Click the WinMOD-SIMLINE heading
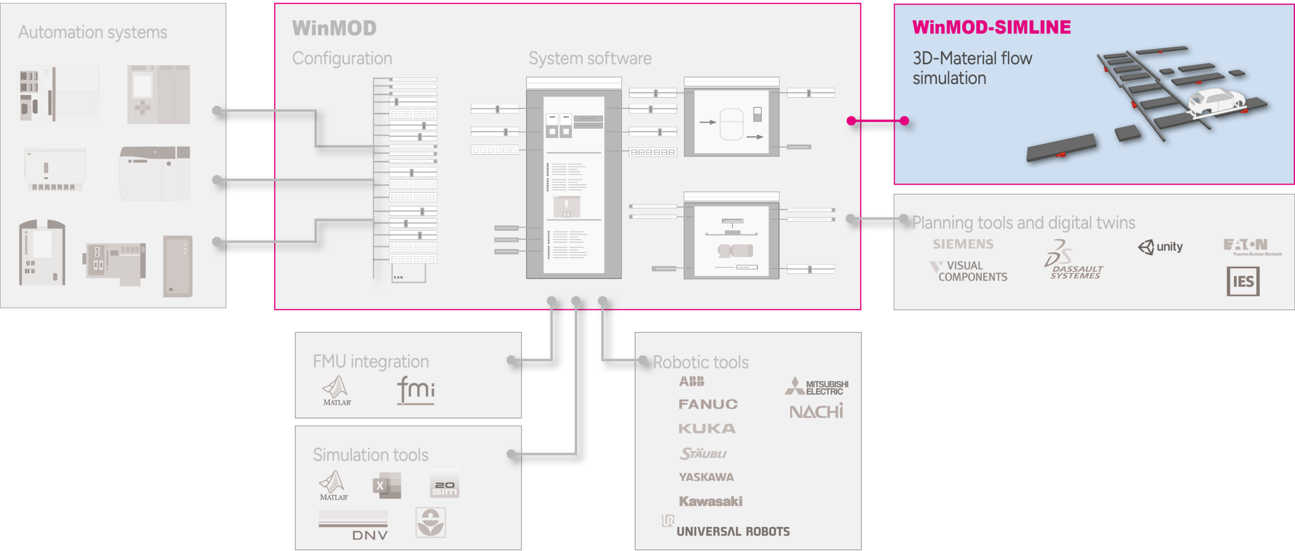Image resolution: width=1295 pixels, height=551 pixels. point(991,27)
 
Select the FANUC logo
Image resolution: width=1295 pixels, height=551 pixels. point(708,404)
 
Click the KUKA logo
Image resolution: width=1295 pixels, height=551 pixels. point(707,429)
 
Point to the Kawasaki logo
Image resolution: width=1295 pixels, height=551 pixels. point(710,501)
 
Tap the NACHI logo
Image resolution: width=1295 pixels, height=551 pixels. point(816,411)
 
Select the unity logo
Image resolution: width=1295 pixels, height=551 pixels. point(1160,247)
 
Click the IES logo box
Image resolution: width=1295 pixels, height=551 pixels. point(1242,281)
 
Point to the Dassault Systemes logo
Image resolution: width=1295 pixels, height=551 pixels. point(1073,261)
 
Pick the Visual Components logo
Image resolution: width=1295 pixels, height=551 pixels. point(968,271)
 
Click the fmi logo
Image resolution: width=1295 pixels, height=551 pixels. point(415,390)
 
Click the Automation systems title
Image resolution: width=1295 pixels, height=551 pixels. point(93,32)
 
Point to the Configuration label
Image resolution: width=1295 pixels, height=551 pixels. point(342,58)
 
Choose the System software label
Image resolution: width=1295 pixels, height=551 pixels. point(590,58)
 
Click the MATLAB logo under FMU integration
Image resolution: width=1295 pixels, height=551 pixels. point(336,391)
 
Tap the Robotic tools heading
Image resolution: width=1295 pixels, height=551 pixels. point(701,362)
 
